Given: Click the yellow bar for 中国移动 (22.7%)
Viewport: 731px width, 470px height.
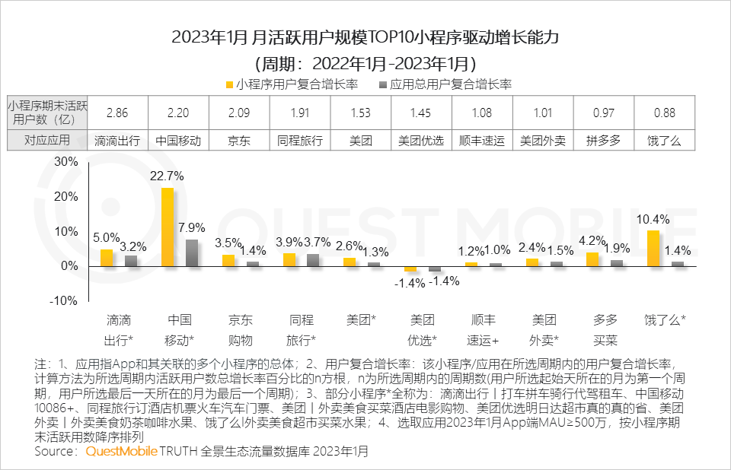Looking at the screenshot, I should click(x=168, y=227).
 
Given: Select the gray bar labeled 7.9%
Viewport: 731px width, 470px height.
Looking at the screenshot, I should click(x=192, y=252).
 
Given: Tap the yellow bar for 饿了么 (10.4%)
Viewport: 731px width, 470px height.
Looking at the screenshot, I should click(x=653, y=248).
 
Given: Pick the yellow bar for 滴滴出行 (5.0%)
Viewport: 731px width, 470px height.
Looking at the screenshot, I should click(x=107, y=258).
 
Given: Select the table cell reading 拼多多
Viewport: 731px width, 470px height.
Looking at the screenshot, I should click(x=603, y=140).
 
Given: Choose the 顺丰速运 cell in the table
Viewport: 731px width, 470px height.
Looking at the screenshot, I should click(x=482, y=140).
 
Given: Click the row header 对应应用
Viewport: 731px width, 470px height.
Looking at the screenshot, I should click(x=47, y=140).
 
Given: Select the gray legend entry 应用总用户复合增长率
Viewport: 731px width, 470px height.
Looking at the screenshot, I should click(x=445, y=84).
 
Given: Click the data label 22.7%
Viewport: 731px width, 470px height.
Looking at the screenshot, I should click(x=167, y=176).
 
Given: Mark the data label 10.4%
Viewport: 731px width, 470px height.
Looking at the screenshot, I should click(x=653, y=220).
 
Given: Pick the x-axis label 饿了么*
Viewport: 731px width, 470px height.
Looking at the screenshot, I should click(x=665, y=320).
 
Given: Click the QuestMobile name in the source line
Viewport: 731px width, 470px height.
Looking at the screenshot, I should click(x=120, y=452).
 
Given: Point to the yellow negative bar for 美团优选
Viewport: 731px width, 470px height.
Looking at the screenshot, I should click(x=410, y=268).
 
